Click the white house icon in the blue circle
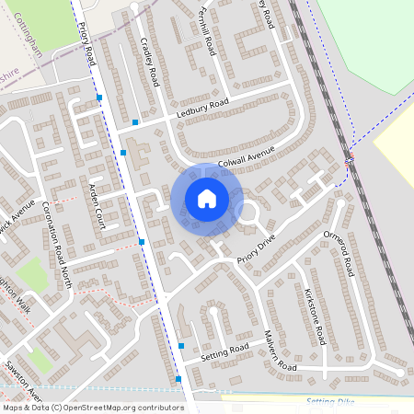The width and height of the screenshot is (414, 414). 207,198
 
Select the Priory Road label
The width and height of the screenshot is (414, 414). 88,43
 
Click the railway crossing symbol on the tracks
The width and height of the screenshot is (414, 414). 349,162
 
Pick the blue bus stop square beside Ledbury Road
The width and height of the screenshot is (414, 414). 135,121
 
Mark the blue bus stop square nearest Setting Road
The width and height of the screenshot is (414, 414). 181,345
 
